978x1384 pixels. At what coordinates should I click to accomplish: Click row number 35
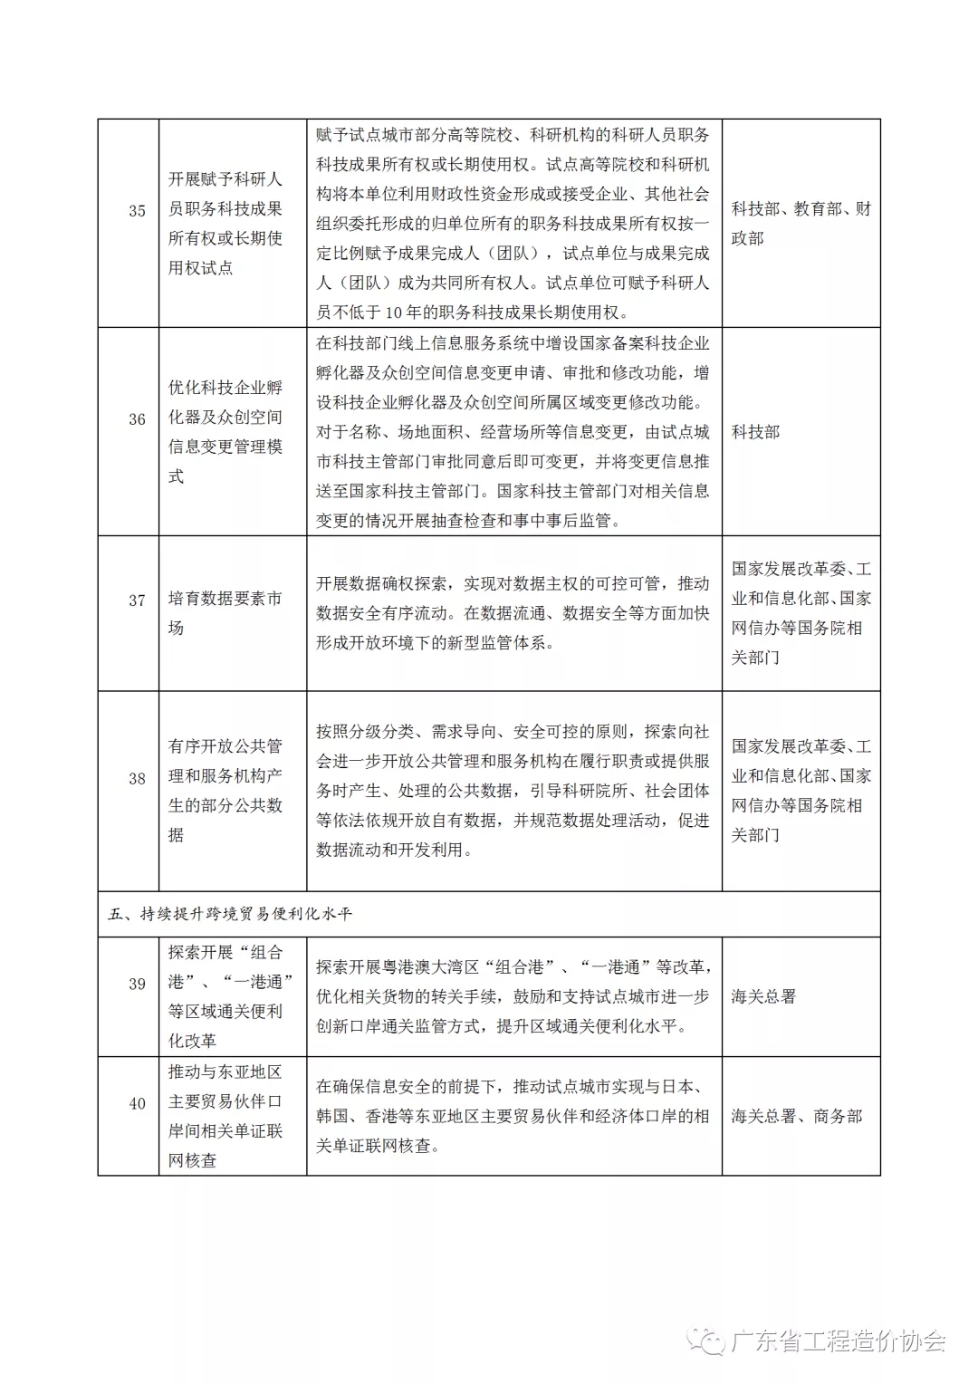click(x=137, y=211)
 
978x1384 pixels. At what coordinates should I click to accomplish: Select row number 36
click(x=137, y=419)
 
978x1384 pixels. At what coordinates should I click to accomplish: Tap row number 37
click(x=137, y=601)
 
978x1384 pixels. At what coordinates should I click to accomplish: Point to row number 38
click(x=137, y=778)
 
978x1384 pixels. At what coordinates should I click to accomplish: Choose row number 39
click(x=137, y=985)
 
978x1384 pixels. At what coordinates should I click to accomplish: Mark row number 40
click(x=137, y=1104)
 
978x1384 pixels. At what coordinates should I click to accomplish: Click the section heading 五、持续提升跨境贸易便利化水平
click(x=230, y=914)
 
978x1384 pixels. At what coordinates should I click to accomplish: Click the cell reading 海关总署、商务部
click(x=797, y=1116)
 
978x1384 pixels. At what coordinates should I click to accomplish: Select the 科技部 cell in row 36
click(x=755, y=432)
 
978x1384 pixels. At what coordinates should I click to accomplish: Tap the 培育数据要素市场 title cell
click(x=225, y=613)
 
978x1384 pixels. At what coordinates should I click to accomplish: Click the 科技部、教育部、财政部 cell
click(x=801, y=224)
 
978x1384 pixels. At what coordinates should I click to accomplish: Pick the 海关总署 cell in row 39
click(x=763, y=996)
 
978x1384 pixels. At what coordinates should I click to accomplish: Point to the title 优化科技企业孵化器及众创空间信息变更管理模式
click(x=225, y=432)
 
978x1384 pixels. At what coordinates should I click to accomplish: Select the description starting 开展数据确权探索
click(x=513, y=613)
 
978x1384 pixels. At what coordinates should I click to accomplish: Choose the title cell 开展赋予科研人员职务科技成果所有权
click(x=225, y=224)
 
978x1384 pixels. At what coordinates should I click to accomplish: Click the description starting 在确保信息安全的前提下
click(x=513, y=1116)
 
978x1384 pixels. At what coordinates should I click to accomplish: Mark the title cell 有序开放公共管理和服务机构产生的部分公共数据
click(x=225, y=791)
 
